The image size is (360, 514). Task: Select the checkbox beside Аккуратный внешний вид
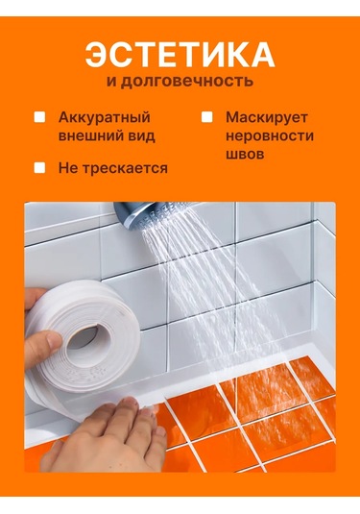tap(39, 117)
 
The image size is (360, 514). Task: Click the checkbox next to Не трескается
tap(39, 167)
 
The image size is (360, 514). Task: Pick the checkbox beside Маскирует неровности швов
tap(206, 117)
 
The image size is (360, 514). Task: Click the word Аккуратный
tap(105, 117)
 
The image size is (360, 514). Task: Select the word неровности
tap(269, 135)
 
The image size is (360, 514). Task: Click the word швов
tap(243, 154)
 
